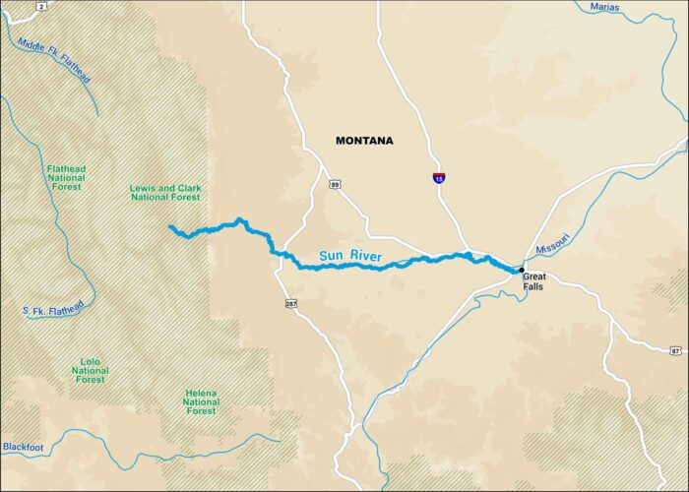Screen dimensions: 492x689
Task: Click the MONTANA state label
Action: (363, 141)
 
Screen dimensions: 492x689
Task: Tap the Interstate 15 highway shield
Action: (438, 178)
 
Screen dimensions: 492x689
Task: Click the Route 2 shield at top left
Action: (42, 6)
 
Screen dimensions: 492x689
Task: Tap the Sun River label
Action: (349, 257)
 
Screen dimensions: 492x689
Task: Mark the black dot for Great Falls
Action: (521, 269)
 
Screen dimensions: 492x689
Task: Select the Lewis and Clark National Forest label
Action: (164, 193)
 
